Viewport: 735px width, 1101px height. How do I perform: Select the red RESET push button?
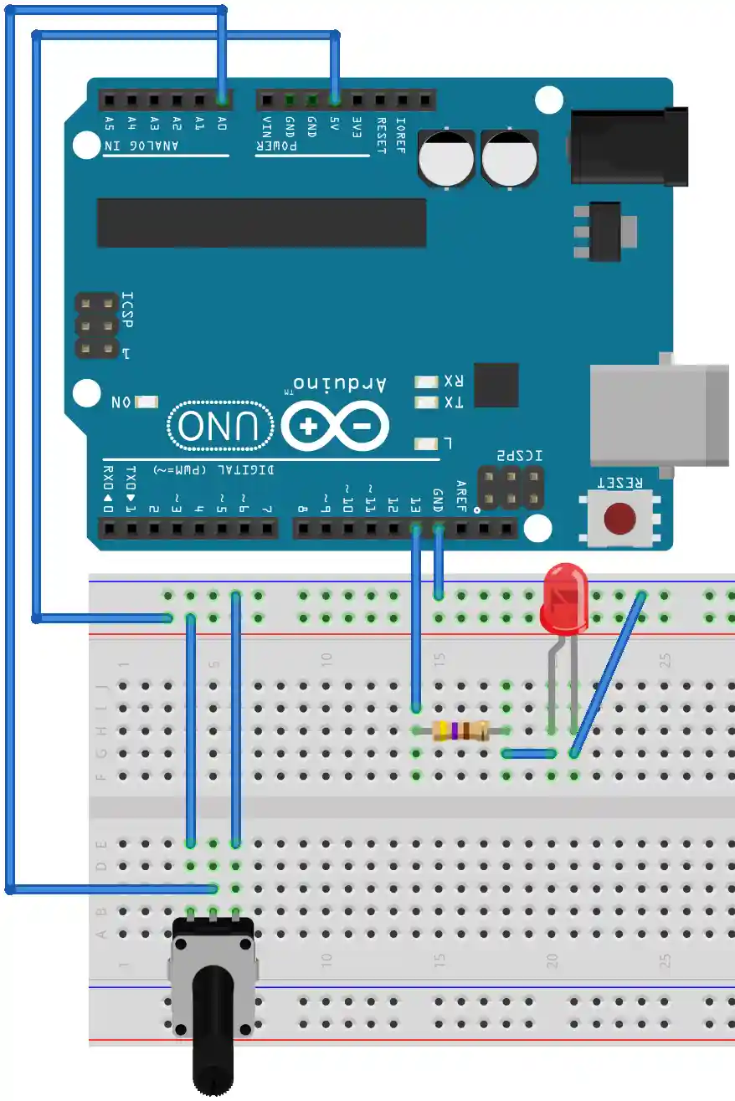click(619, 519)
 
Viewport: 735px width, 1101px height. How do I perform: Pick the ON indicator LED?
click(147, 402)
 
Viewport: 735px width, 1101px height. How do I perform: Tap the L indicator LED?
click(426, 443)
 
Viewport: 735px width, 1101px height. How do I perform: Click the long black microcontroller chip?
click(261, 223)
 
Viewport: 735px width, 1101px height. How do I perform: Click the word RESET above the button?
click(620, 483)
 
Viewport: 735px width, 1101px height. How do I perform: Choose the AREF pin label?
click(460, 494)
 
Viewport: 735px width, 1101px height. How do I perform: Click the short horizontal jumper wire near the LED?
click(530, 753)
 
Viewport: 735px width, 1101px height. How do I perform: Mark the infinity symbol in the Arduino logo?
click(336, 427)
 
